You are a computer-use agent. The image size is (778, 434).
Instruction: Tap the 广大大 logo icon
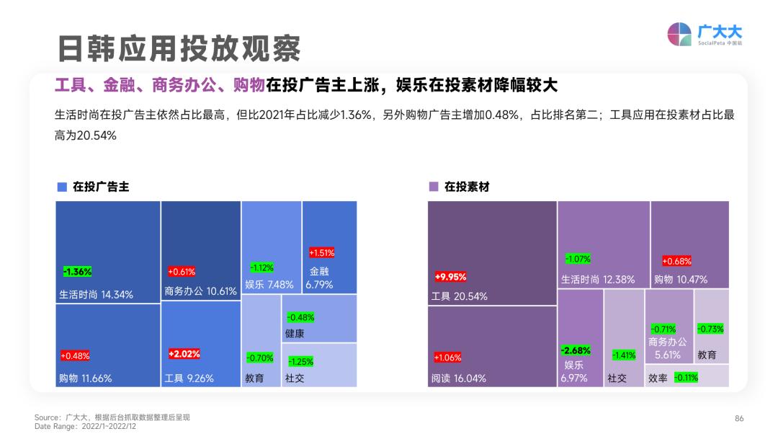pos(679,34)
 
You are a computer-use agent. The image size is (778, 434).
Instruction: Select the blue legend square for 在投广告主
pos(62,187)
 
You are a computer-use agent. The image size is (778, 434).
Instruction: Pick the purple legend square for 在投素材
pos(433,187)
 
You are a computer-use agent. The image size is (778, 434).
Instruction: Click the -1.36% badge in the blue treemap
pos(78,272)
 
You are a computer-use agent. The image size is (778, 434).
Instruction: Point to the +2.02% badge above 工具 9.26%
pos(184,354)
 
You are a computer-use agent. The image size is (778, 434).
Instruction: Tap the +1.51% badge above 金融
pos(321,253)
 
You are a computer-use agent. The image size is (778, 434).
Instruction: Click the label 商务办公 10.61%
pos(200,291)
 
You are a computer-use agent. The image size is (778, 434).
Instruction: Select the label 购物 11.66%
pos(85,378)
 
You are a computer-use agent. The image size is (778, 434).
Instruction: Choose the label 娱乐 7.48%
pos(269,285)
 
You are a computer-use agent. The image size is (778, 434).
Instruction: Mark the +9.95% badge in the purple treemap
pos(451,276)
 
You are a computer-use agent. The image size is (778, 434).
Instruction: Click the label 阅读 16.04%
pos(458,378)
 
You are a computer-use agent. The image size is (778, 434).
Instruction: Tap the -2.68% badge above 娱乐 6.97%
pos(576,350)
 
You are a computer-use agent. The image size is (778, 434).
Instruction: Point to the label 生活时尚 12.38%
pos(598,279)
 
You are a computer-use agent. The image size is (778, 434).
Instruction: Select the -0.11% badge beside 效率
pos(686,377)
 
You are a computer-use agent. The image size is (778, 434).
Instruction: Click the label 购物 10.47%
pos(681,279)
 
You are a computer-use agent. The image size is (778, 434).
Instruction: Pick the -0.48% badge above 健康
pos(300,317)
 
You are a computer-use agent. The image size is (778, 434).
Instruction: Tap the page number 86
pos(739,418)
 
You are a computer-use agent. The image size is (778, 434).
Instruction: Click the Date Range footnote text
pos(84,426)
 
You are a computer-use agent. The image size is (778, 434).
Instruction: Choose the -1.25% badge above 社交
pos(300,361)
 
